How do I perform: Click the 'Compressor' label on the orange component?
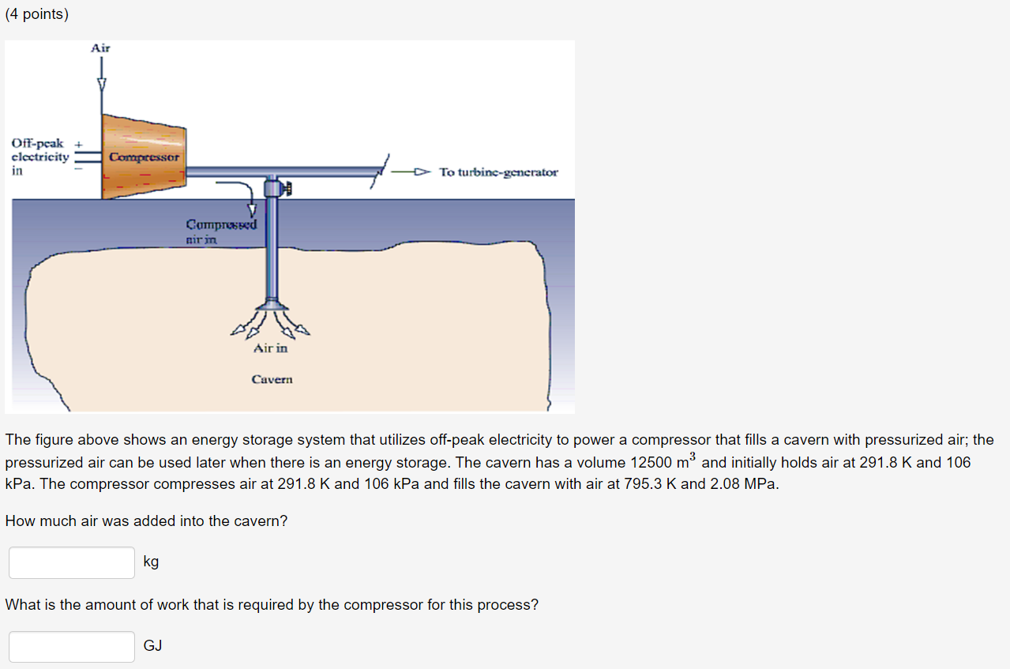pos(144,157)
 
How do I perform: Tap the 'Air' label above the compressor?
pos(100,48)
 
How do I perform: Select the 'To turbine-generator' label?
pos(498,171)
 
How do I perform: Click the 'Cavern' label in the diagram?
pos(272,379)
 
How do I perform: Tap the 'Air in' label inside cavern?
pos(271,348)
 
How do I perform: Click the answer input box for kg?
pos(72,562)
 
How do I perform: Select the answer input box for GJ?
pos(72,646)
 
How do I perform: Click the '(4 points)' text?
pos(36,14)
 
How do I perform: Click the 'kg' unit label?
pos(151,562)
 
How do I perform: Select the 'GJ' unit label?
pos(152,645)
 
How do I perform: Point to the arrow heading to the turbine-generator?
pos(414,171)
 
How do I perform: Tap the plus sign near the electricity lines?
pos(77,144)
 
